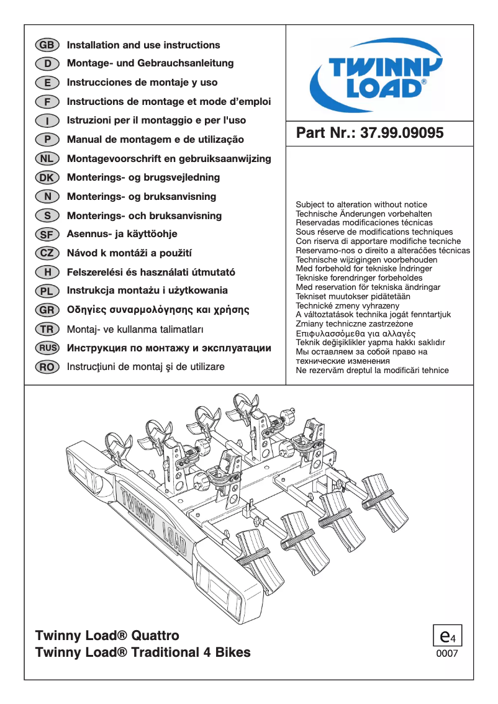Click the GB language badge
pyautogui.click(x=47, y=45)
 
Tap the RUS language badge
pyautogui.click(x=47, y=348)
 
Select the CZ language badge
pyautogui.click(x=47, y=253)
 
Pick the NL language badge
pyautogui.click(x=47, y=159)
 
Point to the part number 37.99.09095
pyautogui.click(x=402, y=133)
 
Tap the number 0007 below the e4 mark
pyautogui.click(x=447, y=654)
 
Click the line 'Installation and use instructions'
pyautogui.click(x=143, y=45)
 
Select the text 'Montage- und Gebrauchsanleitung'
pyautogui.click(x=150, y=63)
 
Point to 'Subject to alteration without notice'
pyautogui.click(x=361, y=204)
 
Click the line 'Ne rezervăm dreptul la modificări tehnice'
pyautogui.click(x=372, y=370)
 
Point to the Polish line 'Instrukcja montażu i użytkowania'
pyautogui.click(x=147, y=291)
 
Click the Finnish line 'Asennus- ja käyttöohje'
pyautogui.click(x=122, y=234)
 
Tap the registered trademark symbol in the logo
pyautogui.click(x=423, y=81)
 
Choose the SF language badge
pyautogui.click(x=47, y=235)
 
